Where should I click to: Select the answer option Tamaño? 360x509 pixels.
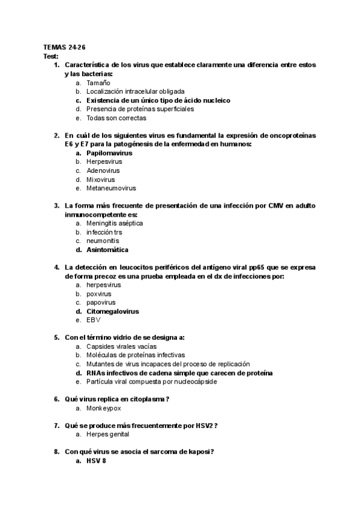click(98, 82)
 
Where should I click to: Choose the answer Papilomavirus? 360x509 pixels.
click(110, 153)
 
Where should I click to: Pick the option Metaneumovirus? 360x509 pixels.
click(111, 188)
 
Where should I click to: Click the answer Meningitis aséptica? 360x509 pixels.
click(115, 223)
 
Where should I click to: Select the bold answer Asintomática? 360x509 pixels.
click(107, 250)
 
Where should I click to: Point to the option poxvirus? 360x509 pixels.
click(99, 294)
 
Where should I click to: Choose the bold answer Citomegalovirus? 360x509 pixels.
click(113, 312)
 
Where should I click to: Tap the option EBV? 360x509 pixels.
click(94, 321)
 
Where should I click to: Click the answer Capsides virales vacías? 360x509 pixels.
click(122, 347)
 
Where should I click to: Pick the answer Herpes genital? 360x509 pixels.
click(107, 435)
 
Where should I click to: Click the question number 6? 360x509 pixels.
click(56, 399)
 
